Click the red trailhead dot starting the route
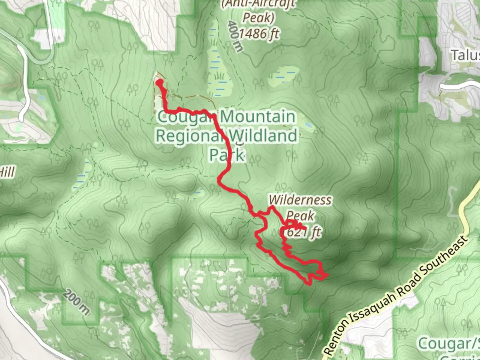coord(160,82)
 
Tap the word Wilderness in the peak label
coord(300,200)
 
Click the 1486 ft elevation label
coord(259,34)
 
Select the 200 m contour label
coord(76,303)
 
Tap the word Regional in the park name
coord(189,136)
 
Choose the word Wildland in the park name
coord(263,136)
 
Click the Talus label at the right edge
coord(465,55)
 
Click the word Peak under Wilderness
coord(300,216)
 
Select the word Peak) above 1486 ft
coord(258,18)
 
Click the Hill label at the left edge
coord(7,172)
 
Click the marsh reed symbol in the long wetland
coord(219,76)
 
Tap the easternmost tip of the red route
coord(327,275)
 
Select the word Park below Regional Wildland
coord(227,154)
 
